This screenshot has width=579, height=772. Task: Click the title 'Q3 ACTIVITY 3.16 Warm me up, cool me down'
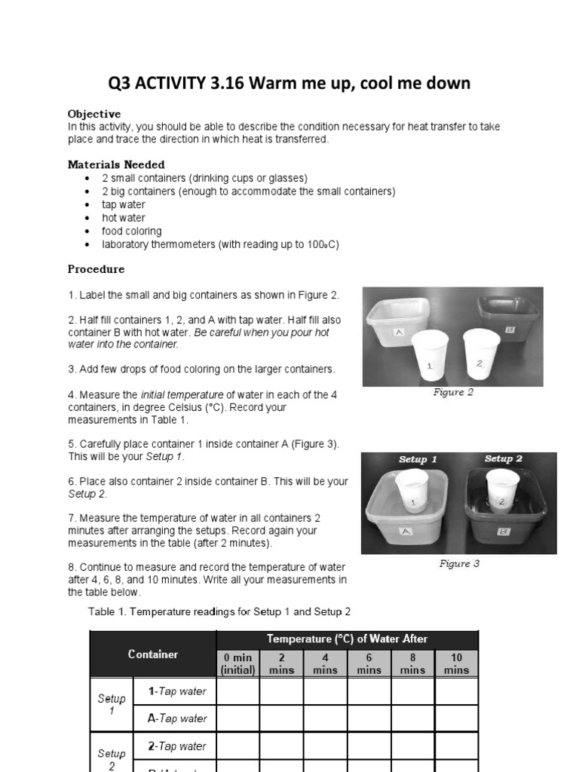(289, 83)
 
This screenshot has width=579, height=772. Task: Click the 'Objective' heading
(94, 114)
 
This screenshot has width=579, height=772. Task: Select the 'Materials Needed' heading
(116, 164)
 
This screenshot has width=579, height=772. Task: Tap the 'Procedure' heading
(96, 269)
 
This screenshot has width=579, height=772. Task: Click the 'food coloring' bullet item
(132, 231)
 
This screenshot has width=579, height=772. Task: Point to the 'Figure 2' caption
(453, 393)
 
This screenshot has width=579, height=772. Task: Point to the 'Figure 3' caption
(459, 564)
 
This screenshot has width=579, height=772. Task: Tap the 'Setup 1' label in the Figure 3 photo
(418, 459)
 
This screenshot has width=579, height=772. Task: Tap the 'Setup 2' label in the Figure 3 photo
(504, 458)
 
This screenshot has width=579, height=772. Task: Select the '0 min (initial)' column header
(237, 663)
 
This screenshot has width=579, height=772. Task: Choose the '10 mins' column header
(456, 663)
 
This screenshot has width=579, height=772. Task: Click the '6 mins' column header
(369, 663)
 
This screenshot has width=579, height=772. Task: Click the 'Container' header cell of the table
(153, 654)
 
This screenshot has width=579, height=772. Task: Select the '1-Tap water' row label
(176, 691)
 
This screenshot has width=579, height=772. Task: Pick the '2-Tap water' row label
(176, 746)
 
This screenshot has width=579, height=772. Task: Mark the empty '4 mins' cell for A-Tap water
(325, 718)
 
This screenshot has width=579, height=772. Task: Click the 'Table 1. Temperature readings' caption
(219, 612)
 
